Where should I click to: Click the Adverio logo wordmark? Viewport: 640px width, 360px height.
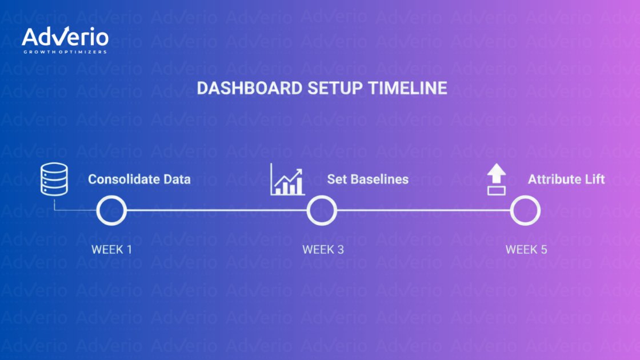pyautogui.click(x=65, y=37)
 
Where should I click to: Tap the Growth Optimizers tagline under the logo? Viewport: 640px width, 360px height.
pyautogui.click(x=65, y=52)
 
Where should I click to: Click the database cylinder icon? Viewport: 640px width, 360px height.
pyautogui.click(x=54, y=179)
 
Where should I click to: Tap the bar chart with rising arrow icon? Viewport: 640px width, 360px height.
pyautogui.click(x=287, y=179)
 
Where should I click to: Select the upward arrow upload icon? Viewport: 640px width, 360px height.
pyautogui.click(x=496, y=179)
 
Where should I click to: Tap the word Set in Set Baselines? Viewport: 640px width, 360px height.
pyautogui.click(x=335, y=179)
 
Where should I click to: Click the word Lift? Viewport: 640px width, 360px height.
pyautogui.click(x=594, y=179)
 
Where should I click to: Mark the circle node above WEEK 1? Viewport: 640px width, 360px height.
pyautogui.click(x=111, y=211)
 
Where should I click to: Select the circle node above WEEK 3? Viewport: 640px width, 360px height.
pyautogui.click(x=322, y=211)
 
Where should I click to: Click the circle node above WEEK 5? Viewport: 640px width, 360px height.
pyautogui.click(x=525, y=211)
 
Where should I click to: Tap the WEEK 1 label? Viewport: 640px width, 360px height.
pyautogui.click(x=112, y=250)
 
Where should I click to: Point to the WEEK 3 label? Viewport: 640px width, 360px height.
pyautogui.click(x=323, y=250)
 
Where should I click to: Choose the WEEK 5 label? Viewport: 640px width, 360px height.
pyautogui.click(x=526, y=250)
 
